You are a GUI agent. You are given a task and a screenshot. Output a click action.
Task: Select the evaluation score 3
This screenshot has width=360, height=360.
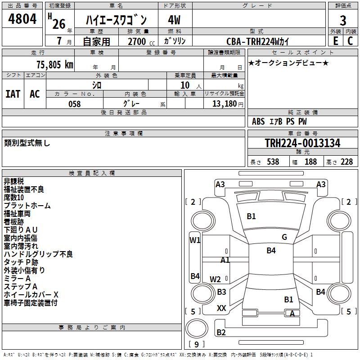coord(343,21)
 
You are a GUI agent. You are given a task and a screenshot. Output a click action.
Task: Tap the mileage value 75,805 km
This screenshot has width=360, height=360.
coord(54,64)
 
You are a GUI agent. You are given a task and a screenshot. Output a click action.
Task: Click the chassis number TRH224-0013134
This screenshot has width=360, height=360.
coord(302,143)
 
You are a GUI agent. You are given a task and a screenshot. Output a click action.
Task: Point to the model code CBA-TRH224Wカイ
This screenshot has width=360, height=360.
coord(258,41)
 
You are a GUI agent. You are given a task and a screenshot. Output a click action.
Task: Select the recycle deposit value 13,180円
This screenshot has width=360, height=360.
coord(228,104)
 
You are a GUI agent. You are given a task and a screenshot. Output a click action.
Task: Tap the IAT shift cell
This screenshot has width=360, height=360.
coord(13,94)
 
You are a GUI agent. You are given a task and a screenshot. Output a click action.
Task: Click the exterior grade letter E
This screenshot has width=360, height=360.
coord(335,41)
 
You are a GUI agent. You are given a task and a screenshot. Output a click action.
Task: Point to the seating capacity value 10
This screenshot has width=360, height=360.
coord(185,85)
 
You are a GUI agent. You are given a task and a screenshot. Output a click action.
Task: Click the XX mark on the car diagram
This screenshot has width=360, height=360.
coord(221,308)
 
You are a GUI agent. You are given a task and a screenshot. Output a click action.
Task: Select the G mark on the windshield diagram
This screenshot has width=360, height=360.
coord(284,237)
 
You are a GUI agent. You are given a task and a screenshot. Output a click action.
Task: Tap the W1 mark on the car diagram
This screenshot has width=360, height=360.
coord(195,240)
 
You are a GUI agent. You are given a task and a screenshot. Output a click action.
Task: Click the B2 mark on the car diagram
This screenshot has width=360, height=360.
coord(221,333)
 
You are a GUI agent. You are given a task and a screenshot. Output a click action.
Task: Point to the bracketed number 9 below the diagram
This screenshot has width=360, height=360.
coord(197,345)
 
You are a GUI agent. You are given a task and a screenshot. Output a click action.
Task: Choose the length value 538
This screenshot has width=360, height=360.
coord(272,162)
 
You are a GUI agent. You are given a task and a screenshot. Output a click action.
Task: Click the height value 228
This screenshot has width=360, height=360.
coord(346,162)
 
